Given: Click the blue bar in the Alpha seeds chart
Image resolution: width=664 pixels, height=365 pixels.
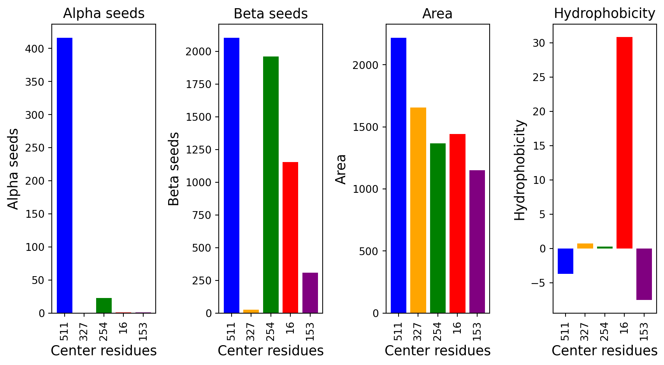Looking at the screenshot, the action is coord(65,175).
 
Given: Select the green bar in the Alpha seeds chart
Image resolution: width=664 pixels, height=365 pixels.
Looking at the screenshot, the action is coord(104,305).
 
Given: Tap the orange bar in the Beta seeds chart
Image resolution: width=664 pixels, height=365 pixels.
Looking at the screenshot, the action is coord(251,311).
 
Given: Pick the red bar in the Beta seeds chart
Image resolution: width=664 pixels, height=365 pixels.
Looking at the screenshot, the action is coord(290,237).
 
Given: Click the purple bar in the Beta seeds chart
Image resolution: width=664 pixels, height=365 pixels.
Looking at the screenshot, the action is coord(310,293).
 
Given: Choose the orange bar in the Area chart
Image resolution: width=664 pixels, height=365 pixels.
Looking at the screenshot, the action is coord(418,210).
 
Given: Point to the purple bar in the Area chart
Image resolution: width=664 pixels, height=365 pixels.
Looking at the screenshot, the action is coord(477,242).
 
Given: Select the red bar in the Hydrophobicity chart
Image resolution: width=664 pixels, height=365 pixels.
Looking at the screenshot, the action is coord(624,143).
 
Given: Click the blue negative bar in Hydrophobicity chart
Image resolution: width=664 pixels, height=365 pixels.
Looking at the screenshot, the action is coord(565,261).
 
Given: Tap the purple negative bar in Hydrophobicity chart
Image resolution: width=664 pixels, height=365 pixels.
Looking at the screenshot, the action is coord(644,274).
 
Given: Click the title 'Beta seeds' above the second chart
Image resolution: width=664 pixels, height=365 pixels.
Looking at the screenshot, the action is coord(271,14).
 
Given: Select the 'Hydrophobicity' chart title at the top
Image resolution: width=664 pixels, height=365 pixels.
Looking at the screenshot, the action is coord(604,14).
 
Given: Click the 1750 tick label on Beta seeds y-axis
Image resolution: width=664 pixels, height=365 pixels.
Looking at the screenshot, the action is coord(198,84).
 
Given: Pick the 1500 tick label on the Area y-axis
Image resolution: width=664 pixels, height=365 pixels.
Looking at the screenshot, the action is coord(365,127).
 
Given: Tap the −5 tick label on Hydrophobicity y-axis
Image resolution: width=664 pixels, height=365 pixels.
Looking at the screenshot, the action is coord(538,283).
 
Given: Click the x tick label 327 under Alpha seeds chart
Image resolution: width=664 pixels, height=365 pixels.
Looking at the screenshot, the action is coord(84,332).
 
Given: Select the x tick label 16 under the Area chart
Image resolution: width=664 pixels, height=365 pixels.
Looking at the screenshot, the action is coord(457,328).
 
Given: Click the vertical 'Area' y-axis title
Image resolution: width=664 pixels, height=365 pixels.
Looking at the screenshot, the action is coord(341,169).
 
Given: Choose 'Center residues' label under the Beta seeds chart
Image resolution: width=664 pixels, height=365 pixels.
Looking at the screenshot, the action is coord(271,351).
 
